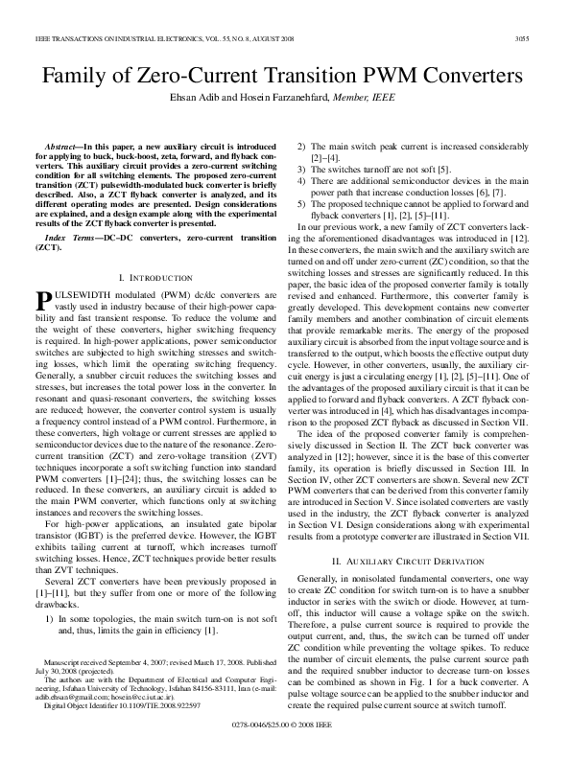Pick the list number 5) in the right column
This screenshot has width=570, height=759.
(303, 204)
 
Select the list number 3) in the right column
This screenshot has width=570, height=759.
(303, 168)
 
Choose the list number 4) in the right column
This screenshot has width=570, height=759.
(303, 180)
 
